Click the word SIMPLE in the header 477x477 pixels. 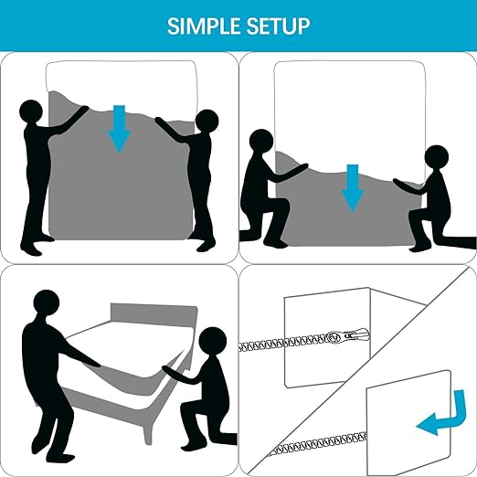click(x=204, y=26)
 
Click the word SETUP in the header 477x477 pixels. click(x=279, y=26)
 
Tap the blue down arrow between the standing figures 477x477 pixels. click(x=119, y=129)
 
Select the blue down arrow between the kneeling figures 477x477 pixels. click(x=353, y=188)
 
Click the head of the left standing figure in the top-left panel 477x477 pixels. click(x=31, y=111)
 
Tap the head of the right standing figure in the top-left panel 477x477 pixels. click(x=207, y=121)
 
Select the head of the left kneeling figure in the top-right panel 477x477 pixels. click(x=261, y=141)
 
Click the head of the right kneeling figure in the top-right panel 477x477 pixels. click(x=437, y=157)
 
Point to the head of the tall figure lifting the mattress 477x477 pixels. click(x=47, y=303)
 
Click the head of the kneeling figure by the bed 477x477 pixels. click(x=213, y=341)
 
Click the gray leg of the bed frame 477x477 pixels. click(x=147, y=431)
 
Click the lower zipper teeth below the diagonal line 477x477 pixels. click(x=318, y=444)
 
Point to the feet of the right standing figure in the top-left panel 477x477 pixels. click(x=207, y=244)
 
